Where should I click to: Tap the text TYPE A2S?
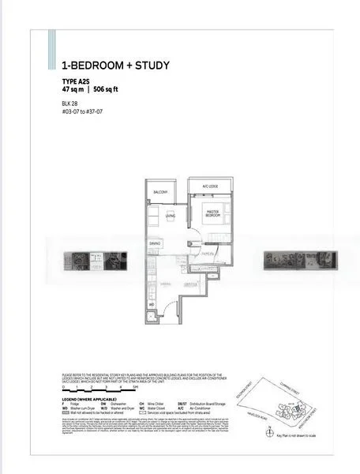(x=77, y=81)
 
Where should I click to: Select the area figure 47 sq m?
(x=73, y=89)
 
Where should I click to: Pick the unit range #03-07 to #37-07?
(x=85, y=111)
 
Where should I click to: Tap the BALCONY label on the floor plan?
(x=160, y=192)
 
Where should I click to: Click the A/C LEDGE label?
(x=209, y=186)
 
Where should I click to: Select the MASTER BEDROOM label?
(x=212, y=213)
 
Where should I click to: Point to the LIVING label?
(x=170, y=216)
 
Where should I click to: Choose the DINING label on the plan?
(x=155, y=243)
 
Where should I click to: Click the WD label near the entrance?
(x=152, y=303)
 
